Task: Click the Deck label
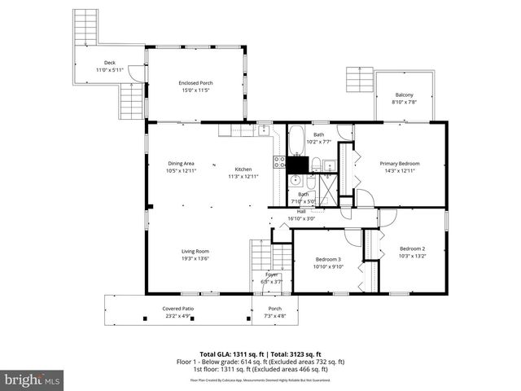click(109, 63)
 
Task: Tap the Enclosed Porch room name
click(195, 82)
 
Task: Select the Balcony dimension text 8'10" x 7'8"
click(405, 102)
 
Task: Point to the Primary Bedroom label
click(400, 163)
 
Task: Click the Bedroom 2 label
click(412, 248)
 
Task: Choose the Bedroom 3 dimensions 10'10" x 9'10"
click(328, 266)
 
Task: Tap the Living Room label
click(195, 251)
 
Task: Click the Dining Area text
click(181, 163)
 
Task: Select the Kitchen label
click(244, 169)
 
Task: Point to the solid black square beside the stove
click(298, 164)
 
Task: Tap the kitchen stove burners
click(279, 161)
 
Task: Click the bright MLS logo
click(32, 380)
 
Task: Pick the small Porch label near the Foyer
click(274, 309)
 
